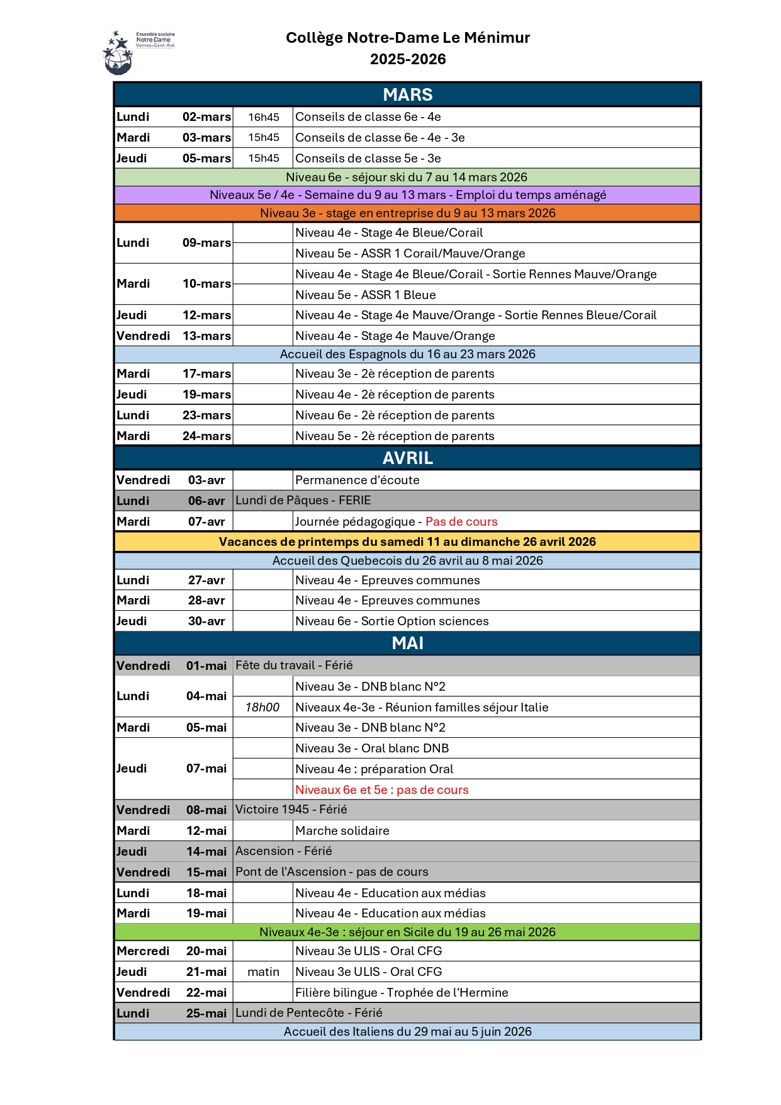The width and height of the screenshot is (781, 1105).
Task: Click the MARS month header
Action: [x=407, y=94]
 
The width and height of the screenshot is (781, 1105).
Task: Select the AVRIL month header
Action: [x=407, y=458]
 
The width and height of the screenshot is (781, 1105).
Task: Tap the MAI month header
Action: [x=407, y=643]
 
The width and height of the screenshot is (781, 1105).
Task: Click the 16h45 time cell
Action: [x=263, y=117]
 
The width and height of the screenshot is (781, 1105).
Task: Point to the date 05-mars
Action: [x=206, y=159]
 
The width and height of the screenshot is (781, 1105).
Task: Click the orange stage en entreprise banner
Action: [x=407, y=213]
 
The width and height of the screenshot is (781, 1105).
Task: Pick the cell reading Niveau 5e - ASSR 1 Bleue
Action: [x=366, y=295]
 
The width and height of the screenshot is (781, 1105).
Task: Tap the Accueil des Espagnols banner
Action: [x=407, y=354]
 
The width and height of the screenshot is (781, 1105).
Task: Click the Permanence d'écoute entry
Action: [x=357, y=480]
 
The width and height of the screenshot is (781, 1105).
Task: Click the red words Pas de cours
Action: [x=461, y=521]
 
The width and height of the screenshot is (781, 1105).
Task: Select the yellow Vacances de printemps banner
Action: [x=407, y=541]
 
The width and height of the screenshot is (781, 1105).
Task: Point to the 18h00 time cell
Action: [x=262, y=707]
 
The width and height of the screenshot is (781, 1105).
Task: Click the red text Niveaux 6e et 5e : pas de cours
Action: [x=382, y=790]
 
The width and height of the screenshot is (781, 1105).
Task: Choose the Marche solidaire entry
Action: [x=342, y=830]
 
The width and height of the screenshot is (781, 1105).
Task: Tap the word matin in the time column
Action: [x=263, y=972]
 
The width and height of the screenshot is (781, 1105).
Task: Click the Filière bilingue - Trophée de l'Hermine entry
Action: [x=402, y=992]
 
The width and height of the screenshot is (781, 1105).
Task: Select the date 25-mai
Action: [x=206, y=1013]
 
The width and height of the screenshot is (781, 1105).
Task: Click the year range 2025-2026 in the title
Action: [x=408, y=59]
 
